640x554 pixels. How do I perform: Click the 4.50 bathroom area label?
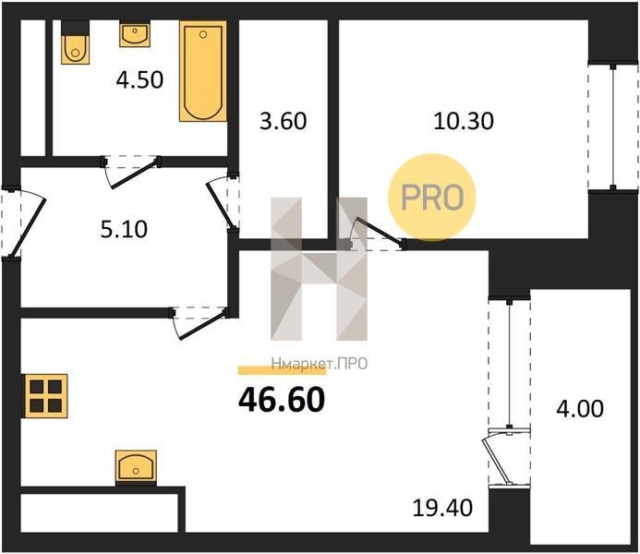click(139, 80)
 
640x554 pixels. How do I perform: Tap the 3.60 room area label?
click(283, 121)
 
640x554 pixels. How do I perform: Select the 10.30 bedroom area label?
click(464, 121)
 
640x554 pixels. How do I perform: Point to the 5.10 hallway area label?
click(124, 229)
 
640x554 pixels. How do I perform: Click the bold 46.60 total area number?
click(282, 400)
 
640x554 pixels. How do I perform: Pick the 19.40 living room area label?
click(442, 508)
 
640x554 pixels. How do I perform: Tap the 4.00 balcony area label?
click(580, 409)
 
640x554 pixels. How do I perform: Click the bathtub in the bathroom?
click(203, 71)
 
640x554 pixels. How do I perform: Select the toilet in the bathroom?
click(75, 42)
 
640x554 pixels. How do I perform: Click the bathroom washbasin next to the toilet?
click(135, 34)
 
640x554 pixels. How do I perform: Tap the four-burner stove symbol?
click(46, 396)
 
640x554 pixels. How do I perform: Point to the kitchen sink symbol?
click(136, 466)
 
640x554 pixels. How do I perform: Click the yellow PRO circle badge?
click(432, 198)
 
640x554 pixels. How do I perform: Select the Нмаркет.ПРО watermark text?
click(320, 364)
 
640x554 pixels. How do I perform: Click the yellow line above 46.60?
click(282, 370)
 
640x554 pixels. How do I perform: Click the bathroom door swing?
click(130, 172)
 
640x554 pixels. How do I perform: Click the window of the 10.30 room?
click(612, 127)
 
